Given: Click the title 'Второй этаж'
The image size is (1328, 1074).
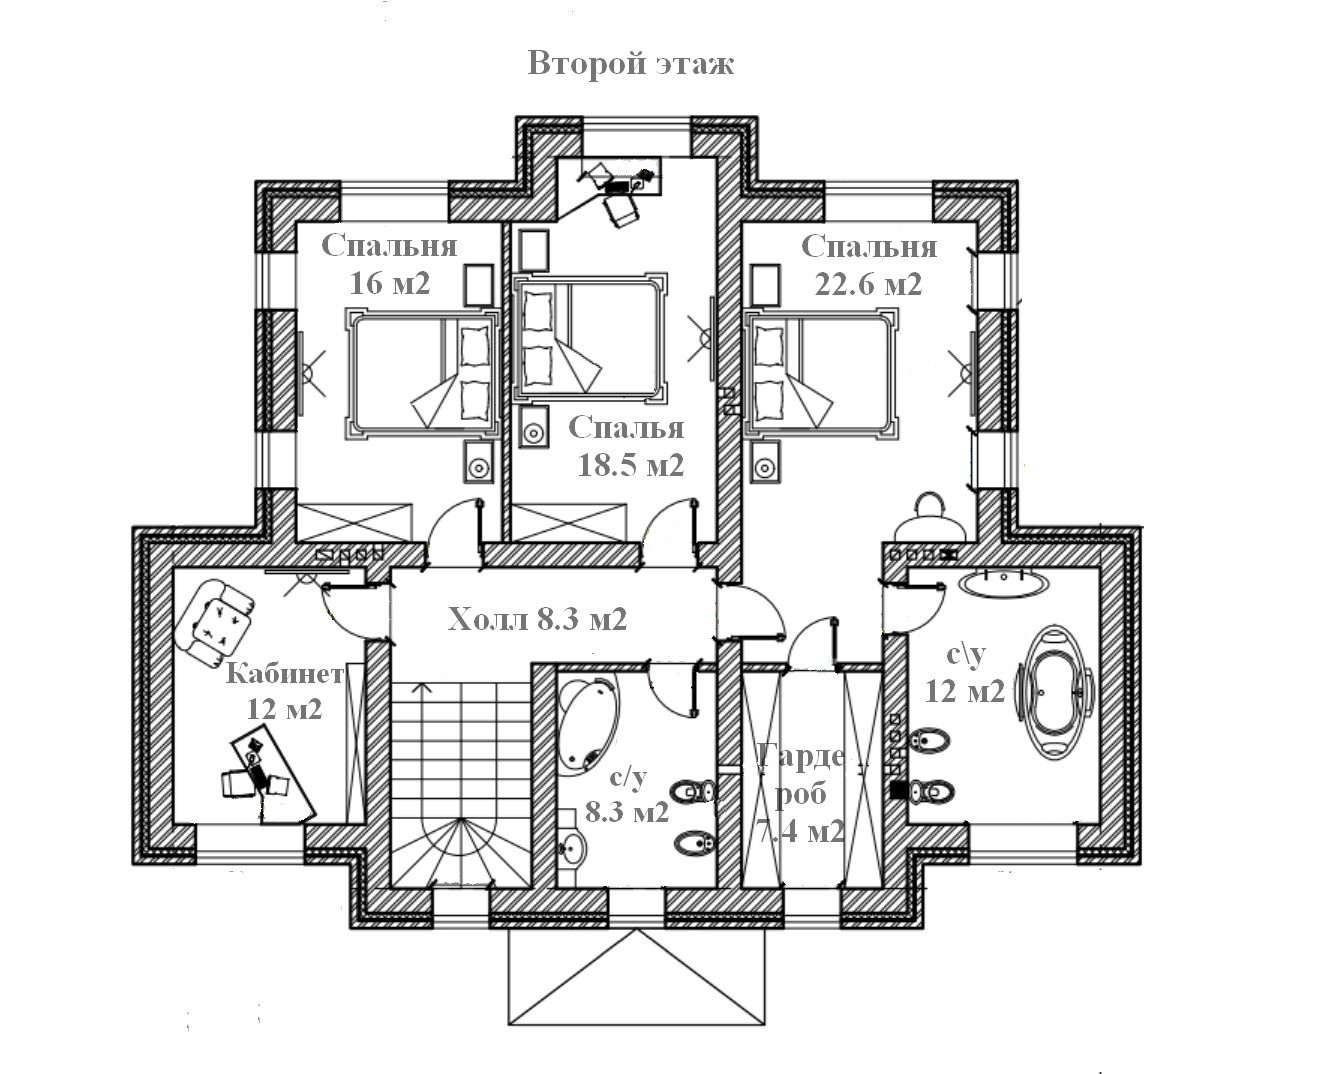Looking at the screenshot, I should (x=631, y=63).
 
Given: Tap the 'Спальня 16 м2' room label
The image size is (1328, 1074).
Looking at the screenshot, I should (x=389, y=264).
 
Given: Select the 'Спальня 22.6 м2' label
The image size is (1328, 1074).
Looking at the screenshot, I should (x=868, y=264).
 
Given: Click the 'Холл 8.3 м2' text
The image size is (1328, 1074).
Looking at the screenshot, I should (x=537, y=619).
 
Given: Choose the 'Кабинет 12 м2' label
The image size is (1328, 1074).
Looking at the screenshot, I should (x=285, y=690).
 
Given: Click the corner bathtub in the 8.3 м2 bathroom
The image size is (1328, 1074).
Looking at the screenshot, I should (x=588, y=723).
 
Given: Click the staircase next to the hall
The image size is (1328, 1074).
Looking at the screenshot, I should (x=459, y=780).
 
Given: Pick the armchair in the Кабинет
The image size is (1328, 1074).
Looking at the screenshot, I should (x=213, y=623).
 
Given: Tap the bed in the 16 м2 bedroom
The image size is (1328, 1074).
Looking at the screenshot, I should (x=421, y=374).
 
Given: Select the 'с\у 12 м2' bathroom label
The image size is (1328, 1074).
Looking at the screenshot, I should (x=965, y=673).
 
